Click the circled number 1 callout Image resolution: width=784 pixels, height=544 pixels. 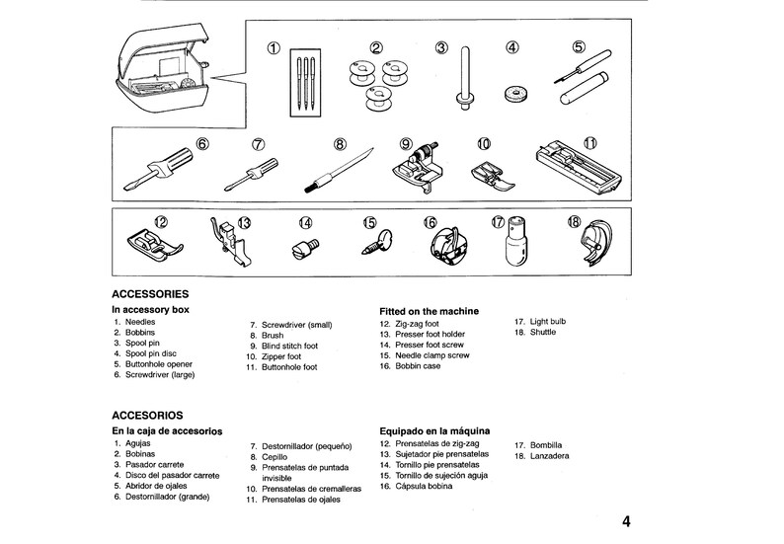pos(274,47)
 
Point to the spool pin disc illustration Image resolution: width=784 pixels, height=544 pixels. pos(511,94)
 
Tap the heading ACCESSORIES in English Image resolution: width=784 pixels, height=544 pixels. pos(150,294)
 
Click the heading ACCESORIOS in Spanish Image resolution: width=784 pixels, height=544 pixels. pos(149,416)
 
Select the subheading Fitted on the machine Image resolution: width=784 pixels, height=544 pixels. pos(429,311)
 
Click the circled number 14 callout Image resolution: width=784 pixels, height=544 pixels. pos(306,223)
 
